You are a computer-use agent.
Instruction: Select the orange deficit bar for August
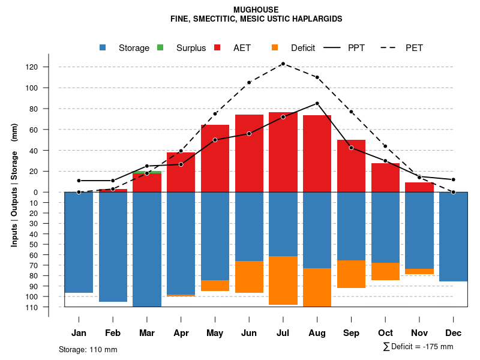coord(317,287)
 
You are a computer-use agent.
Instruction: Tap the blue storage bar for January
coord(79,242)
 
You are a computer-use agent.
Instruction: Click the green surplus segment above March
coord(147,172)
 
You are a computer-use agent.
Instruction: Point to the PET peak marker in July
coord(283,64)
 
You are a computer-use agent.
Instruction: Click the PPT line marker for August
coord(317,103)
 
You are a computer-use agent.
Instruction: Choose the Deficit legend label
coord(303,48)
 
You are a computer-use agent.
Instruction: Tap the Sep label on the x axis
coord(351,333)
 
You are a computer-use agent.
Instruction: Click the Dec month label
coord(454,333)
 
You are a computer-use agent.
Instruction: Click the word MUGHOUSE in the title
coord(256,10)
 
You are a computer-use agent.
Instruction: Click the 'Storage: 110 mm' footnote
coord(88,349)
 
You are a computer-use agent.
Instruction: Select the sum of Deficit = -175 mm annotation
coord(418,347)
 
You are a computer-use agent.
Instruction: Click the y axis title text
coord(14,185)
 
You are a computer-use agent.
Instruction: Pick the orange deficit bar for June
coord(249,277)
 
